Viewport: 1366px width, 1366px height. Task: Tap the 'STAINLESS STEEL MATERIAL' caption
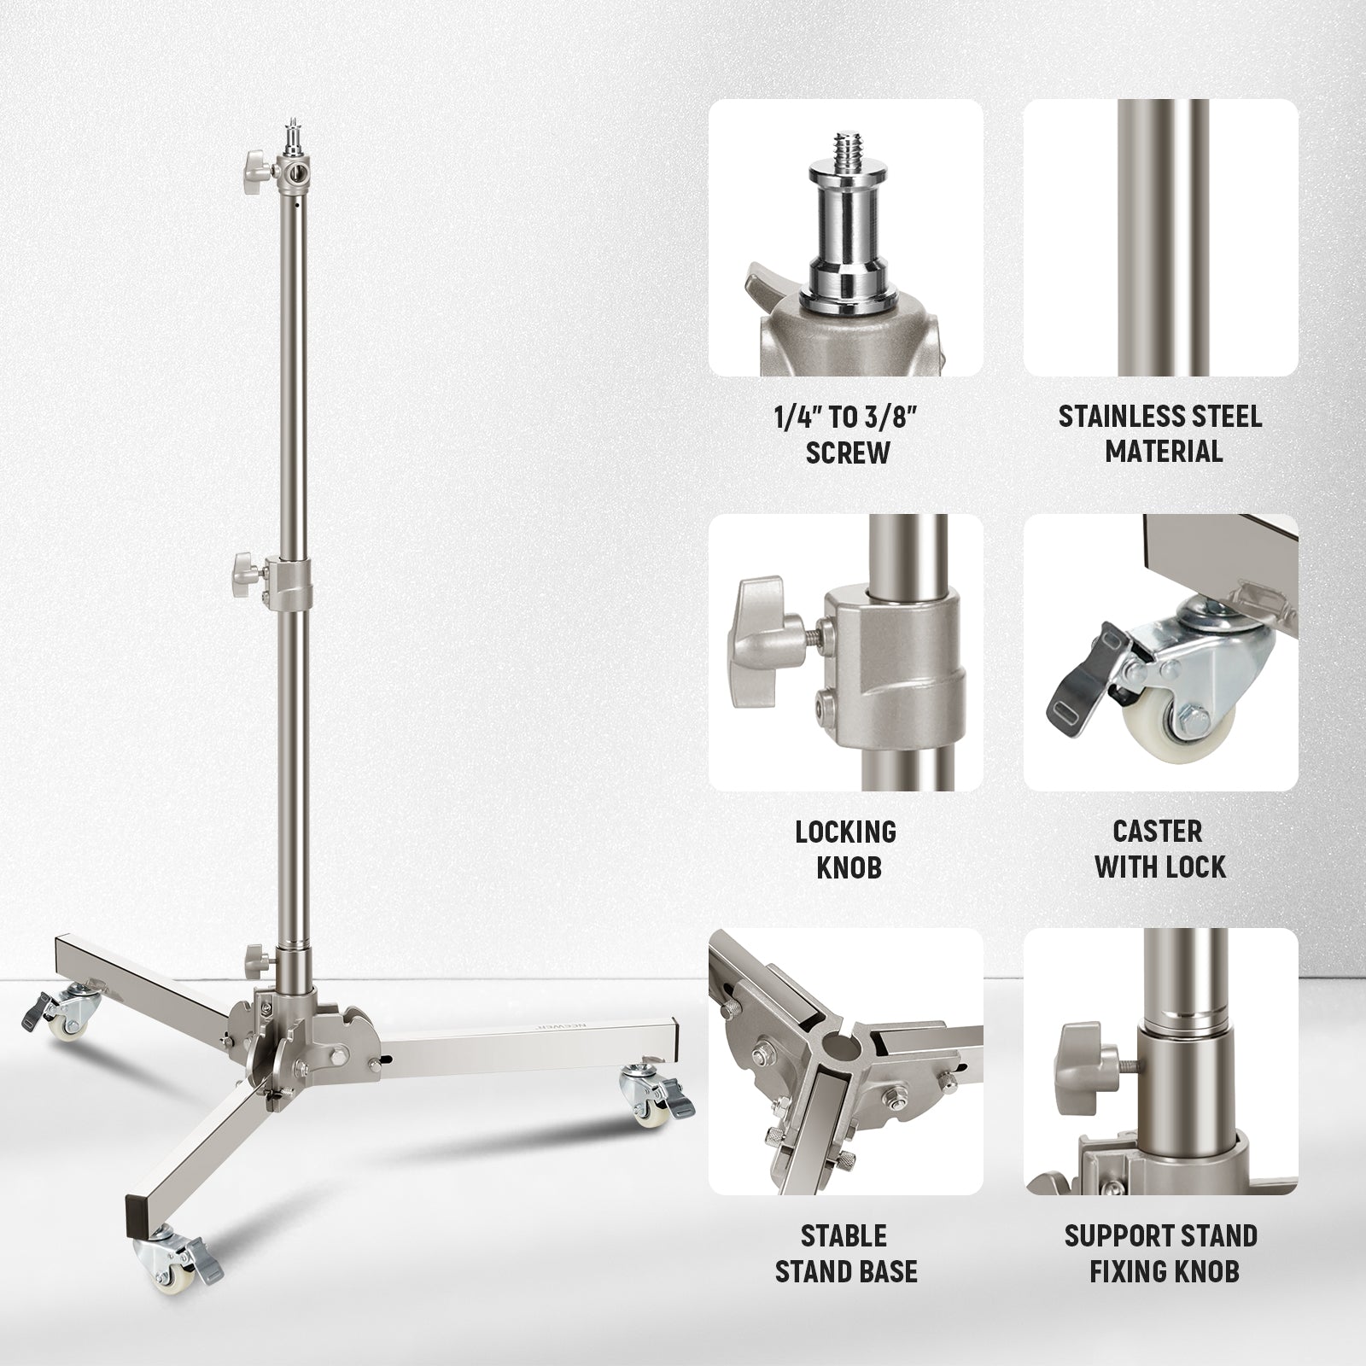[x=1161, y=433]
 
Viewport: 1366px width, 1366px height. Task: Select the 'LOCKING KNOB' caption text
[x=846, y=849]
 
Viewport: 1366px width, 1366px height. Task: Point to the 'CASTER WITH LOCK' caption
[x=1161, y=849]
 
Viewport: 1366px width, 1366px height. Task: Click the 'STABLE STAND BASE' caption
[x=846, y=1253]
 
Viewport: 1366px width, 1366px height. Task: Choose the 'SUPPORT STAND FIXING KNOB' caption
[x=1161, y=1253]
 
